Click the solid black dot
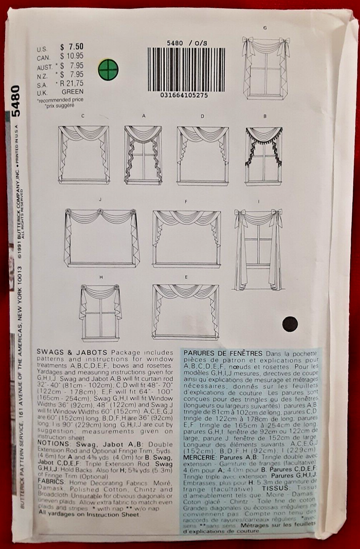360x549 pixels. click(290, 324)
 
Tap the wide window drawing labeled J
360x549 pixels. click(101, 237)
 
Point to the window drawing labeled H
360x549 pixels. click(101, 312)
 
